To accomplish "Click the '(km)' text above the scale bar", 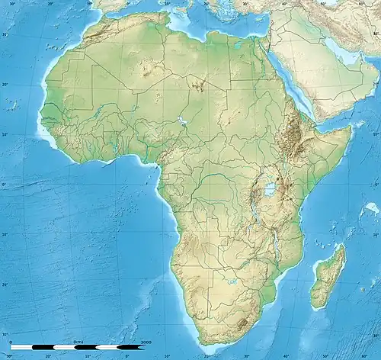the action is pyautogui.click(x=76, y=342).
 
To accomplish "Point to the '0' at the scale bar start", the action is pyautogui.click(x=11, y=342).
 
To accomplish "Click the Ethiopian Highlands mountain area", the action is pyautogui.click(x=290, y=133).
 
